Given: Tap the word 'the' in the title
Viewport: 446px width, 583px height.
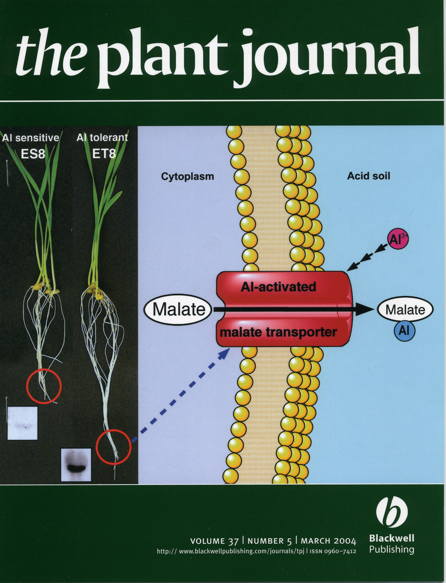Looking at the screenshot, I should click(50, 53).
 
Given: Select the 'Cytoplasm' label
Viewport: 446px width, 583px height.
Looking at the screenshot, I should click(187, 177).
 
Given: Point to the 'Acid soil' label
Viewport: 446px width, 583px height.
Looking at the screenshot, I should click(368, 176).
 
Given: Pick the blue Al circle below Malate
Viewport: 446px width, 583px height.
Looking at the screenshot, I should click(404, 331).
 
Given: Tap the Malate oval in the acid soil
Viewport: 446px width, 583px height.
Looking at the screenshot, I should click(405, 310).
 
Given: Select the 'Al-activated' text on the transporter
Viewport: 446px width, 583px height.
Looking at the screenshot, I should click(278, 287).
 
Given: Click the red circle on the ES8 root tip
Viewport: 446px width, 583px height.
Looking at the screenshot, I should click(44, 386).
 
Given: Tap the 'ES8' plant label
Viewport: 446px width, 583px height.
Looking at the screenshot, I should click(33, 154).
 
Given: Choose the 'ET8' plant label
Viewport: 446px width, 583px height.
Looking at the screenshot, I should click(104, 154).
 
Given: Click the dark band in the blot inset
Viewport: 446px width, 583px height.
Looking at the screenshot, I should click(76, 467).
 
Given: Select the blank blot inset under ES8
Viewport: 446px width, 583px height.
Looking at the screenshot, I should click(22, 423).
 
